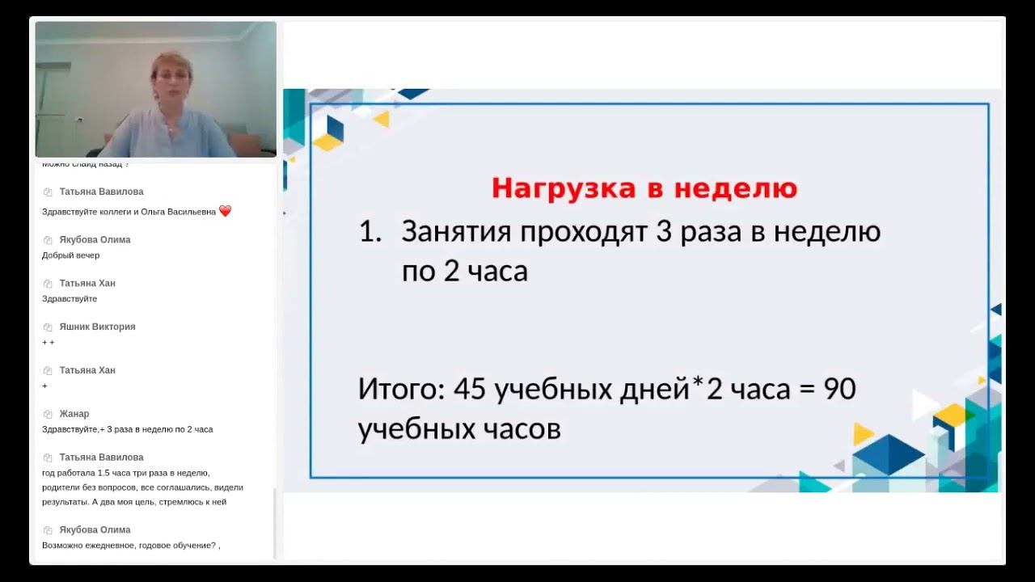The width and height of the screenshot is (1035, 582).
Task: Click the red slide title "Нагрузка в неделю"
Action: [644, 188]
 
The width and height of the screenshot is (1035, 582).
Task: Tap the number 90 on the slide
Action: [839, 390]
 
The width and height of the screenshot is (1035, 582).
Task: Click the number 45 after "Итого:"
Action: [470, 390]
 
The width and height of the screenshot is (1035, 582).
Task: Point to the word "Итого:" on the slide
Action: [402, 390]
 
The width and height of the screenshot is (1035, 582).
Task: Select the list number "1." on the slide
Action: [370, 232]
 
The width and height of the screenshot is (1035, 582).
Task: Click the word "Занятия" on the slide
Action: [456, 232]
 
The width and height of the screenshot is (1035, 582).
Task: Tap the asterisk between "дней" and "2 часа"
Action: [699, 385]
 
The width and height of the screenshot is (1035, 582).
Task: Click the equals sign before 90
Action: [805, 390]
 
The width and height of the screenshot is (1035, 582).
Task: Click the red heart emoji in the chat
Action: [225, 211]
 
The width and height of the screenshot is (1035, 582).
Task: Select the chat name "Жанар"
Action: [74, 414]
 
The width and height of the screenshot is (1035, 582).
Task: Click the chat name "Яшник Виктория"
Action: [97, 327]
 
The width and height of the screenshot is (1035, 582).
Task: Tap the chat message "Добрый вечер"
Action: [71, 255]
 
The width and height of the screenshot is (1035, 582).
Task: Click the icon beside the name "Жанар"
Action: [48, 415]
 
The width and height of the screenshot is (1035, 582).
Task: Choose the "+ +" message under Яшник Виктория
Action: [49, 343]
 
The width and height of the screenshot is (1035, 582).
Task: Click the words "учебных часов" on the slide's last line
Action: [459, 429]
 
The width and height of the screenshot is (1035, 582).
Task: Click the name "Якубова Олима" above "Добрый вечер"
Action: [95, 239]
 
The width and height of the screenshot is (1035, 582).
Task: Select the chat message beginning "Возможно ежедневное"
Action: [131, 546]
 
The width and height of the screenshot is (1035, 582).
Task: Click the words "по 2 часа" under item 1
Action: [464, 272]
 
